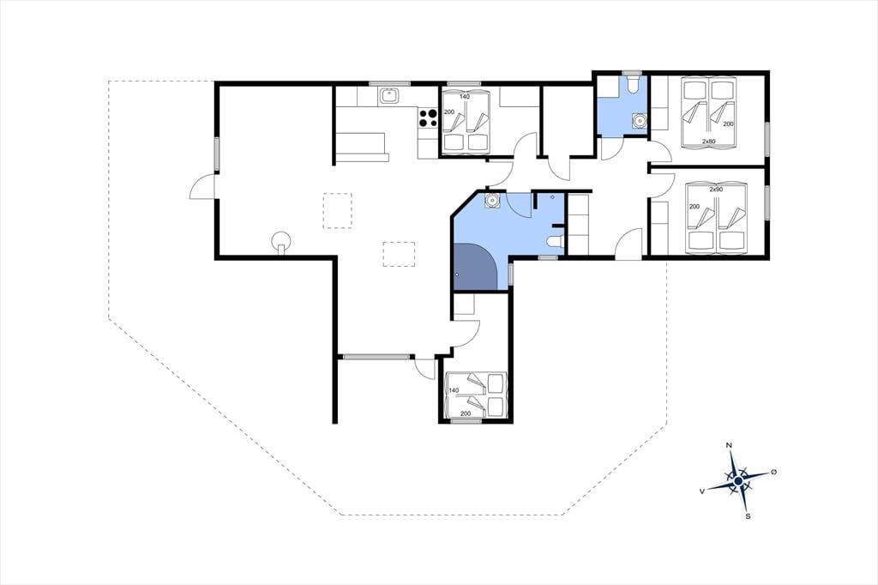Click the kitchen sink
click(x=388, y=96)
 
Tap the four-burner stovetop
click(x=429, y=118)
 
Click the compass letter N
click(x=729, y=445)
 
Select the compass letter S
click(x=748, y=516)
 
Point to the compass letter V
click(x=701, y=492)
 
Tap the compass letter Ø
click(x=774, y=473)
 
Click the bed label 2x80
click(x=708, y=142)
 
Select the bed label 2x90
click(x=716, y=190)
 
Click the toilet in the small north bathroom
click(x=633, y=84)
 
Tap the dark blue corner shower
click(x=474, y=267)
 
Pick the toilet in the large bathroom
click(x=555, y=242)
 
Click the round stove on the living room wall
click(x=281, y=241)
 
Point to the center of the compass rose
click(x=738, y=480)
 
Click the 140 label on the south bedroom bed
click(x=453, y=390)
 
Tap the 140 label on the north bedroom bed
click(x=465, y=96)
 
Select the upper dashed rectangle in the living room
click(x=337, y=210)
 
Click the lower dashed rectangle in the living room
click(x=399, y=254)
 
